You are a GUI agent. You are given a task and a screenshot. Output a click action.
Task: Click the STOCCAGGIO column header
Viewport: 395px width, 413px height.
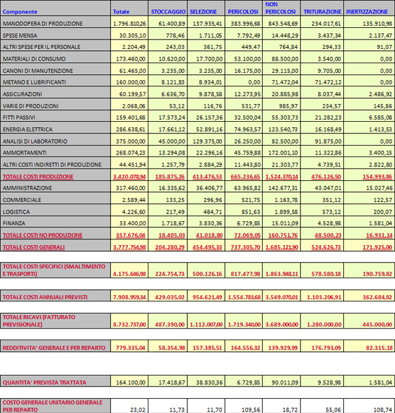(x=168, y=12)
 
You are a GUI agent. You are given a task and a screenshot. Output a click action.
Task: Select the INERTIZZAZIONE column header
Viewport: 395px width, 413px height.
(x=367, y=12)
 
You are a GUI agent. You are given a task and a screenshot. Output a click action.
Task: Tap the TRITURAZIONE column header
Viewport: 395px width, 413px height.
(x=322, y=12)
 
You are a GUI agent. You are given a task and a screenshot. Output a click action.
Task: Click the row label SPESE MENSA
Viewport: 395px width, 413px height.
(x=20, y=35)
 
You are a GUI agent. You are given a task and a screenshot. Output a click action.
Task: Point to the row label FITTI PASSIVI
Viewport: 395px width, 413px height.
(x=19, y=117)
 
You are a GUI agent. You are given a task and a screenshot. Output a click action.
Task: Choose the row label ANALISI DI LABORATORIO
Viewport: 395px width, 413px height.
(x=35, y=141)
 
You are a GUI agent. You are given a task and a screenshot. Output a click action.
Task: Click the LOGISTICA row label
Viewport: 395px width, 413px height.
(x=16, y=212)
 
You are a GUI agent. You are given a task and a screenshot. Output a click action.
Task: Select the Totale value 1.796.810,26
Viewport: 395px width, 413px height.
(x=129, y=23)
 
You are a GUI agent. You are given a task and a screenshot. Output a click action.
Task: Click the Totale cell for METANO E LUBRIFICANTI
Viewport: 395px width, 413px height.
(x=131, y=82)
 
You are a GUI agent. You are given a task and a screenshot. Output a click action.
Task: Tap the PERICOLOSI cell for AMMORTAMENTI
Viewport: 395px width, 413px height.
(x=247, y=152)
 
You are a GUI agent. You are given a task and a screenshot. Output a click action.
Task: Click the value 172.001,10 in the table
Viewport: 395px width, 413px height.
(x=283, y=152)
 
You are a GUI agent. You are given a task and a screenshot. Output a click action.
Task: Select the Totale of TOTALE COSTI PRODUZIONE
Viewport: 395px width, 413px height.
(x=129, y=176)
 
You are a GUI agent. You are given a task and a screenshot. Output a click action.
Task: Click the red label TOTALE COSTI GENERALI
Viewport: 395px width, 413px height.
(x=34, y=247)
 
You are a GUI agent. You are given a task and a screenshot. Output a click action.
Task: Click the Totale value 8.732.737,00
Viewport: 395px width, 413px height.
(x=129, y=325)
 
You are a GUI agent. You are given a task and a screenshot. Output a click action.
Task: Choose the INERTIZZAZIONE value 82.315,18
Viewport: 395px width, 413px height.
(x=379, y=348)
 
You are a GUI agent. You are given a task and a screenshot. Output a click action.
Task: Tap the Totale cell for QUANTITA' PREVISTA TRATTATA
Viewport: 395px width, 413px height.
(x=131, y=382)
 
